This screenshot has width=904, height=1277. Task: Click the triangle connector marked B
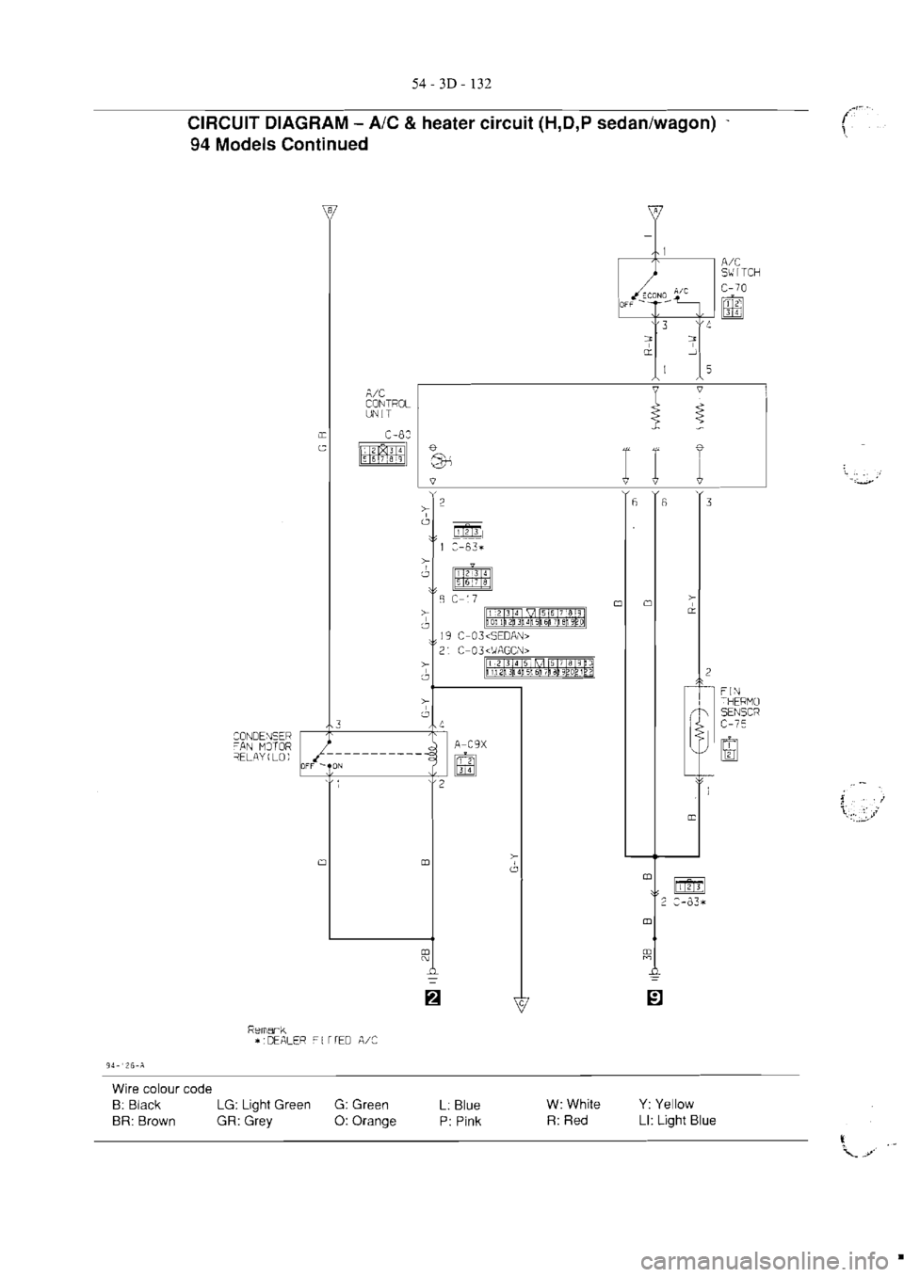(x=329, y=210)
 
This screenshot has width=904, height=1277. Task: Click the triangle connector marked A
(x=655, y=210)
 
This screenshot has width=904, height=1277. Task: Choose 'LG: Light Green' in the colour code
(x=264, y=1104)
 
